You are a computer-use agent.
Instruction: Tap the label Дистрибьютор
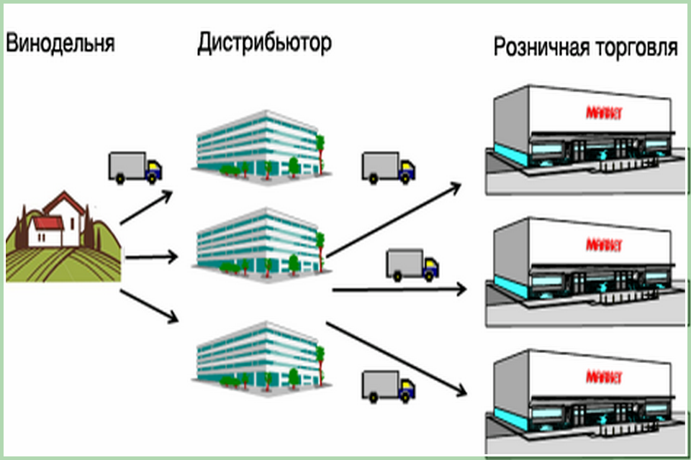pyautogui.click(x=264, y=43)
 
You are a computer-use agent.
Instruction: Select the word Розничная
pyautogui.click(x=541, y=48)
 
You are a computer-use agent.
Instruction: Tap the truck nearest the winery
pyautogui.click(x=135, y=167)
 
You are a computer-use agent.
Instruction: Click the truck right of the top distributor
pyautogui.click(x=388, y=167)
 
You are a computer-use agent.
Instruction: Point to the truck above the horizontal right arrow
pyautogui.click(x=412, y=264)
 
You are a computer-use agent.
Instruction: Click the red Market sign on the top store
pyautogui.click(x=604, y=113)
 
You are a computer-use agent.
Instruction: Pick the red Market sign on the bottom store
pyautogui.click(x=604, y=377)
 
